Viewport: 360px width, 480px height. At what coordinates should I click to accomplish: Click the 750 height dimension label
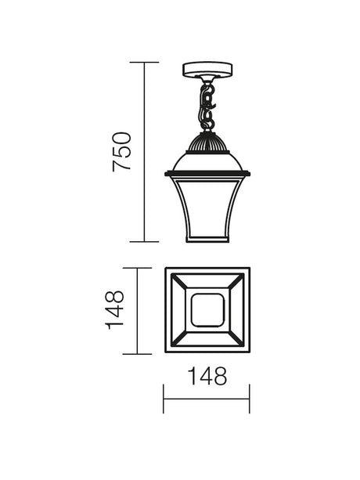122,152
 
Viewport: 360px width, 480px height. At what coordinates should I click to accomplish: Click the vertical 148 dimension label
114,310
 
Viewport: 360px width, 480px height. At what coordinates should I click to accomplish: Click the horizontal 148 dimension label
207,376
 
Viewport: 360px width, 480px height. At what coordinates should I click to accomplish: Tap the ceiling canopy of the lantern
207,70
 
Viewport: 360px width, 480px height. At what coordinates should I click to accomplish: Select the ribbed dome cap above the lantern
207,142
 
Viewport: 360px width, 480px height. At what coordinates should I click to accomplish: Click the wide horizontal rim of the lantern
207,174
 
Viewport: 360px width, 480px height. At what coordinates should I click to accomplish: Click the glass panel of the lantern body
207,208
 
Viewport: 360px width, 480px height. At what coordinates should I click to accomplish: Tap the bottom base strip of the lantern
207,240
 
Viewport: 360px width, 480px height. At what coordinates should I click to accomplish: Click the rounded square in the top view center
207,310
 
